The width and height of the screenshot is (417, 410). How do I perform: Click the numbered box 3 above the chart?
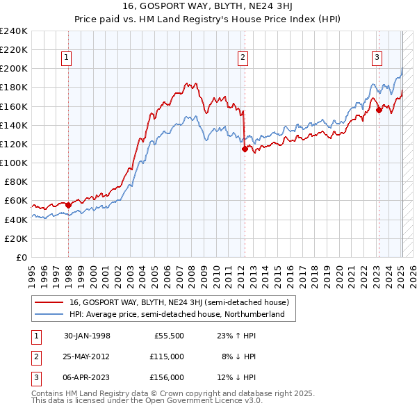377,58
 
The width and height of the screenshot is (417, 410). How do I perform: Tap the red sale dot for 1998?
69,205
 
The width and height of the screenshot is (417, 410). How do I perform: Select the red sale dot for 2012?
245,149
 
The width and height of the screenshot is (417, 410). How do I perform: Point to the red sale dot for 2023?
378,110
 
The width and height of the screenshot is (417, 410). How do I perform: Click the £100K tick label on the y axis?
14,163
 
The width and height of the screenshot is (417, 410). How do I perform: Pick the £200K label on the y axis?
14,69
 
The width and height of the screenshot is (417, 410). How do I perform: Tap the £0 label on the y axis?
22,257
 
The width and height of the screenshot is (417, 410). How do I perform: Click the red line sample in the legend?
50,302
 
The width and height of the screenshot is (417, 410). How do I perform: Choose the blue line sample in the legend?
50,314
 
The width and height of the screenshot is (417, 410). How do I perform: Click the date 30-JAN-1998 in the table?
87,336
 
